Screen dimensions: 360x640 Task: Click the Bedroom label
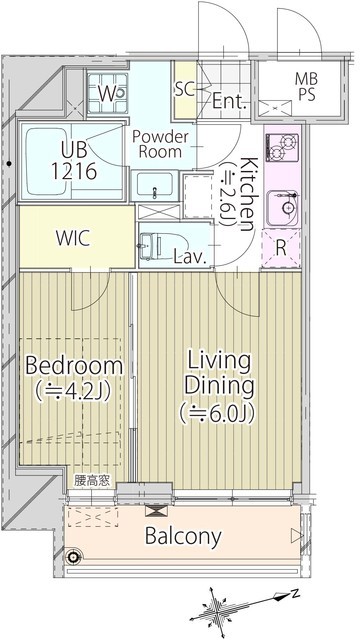coord(74,366)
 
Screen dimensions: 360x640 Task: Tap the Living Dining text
coord(218,374)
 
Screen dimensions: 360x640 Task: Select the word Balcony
coord(183,536)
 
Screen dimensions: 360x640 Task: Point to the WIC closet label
coord(73,239)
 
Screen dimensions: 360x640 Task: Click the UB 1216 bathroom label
coord(73,161)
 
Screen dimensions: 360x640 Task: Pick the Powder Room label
coord(160,144)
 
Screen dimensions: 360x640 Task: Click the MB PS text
coord(306,87)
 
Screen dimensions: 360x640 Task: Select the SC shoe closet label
coord(185,89)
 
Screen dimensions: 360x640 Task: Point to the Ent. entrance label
coord(230,101)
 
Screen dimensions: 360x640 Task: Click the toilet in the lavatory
coord(158,246)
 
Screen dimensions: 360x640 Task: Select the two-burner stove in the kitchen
coord(282,147)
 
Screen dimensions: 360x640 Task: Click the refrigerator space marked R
coord(281,249)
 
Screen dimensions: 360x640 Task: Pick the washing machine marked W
coord(107,93)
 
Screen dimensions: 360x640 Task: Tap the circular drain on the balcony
coord(74,556)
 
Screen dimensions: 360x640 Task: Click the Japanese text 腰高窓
coord(92,481)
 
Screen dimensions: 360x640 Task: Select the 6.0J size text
coord(217,412)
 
